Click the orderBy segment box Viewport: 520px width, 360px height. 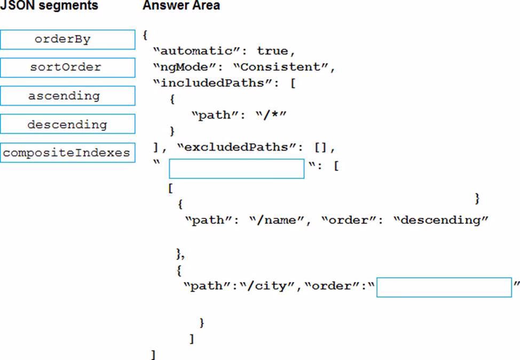(68, 40)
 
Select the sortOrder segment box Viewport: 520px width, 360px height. (68, 68)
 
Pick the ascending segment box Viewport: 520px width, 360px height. (68, 96)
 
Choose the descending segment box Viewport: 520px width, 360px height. (68, 124)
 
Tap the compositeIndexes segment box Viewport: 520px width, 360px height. (68, 153)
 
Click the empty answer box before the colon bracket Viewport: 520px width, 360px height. (237, 168)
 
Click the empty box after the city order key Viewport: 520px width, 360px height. (444, 287)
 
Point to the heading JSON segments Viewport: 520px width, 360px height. (49, 6)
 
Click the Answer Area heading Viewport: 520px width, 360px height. (181, 6)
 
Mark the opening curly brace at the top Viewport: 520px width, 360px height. (145, 35)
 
